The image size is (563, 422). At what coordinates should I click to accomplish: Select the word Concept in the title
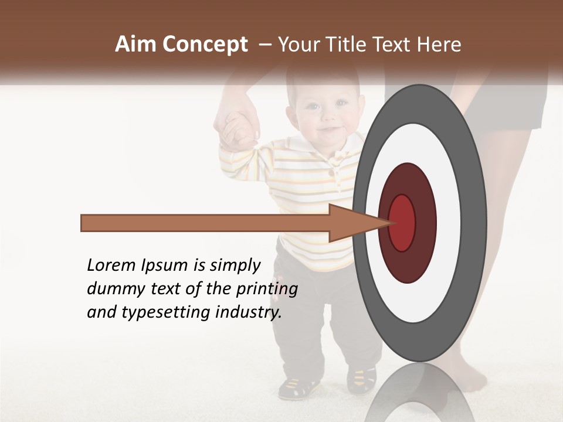pos(205,45)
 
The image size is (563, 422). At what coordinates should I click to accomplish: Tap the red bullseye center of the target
pos(402,223)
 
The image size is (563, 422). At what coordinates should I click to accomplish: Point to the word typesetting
pos(166,313)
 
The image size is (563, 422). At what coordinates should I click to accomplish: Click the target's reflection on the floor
pos(420,393)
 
